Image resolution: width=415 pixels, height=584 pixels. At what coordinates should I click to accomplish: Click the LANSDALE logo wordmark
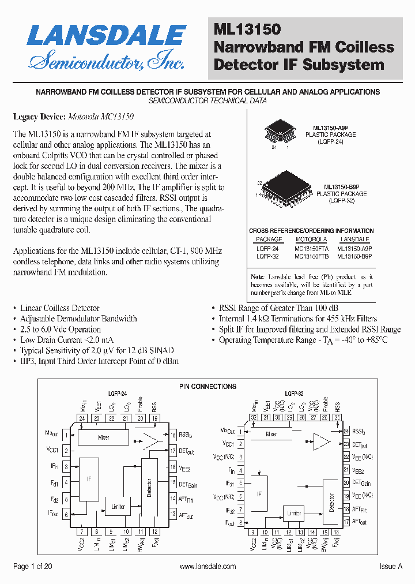106,35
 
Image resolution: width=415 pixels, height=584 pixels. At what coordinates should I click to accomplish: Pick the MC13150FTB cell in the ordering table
311,256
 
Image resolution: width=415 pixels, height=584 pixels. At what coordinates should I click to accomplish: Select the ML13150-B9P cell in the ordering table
354,256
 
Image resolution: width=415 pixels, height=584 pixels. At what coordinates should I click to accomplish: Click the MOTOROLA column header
311,239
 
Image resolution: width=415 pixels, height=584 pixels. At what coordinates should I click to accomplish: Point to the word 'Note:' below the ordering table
257,277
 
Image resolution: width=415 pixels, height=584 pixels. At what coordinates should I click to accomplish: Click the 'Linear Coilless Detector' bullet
60,308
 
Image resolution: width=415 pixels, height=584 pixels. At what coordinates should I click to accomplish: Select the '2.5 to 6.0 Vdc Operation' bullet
61,330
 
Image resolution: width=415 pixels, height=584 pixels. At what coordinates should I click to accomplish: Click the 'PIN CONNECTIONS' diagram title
207,387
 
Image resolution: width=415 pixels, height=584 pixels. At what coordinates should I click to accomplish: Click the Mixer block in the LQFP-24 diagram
104,437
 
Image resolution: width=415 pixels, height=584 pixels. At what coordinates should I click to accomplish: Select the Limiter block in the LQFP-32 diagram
294,512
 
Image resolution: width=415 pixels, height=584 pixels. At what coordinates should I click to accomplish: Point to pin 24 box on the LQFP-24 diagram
82,418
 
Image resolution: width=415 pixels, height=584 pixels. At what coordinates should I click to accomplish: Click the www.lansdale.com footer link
207,567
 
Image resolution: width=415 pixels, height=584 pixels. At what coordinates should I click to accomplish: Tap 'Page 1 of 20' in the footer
33,567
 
